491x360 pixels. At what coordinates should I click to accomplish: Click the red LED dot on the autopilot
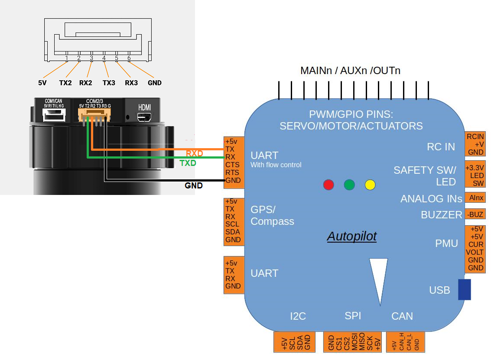[329, 185]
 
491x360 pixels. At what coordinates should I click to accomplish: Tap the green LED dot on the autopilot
[349, 185]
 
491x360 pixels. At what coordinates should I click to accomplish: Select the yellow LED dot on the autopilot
[370, 185]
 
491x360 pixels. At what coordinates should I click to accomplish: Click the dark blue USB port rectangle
[464, 289]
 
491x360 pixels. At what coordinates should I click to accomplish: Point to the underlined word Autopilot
[351, 237]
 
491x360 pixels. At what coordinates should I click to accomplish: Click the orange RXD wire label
[195, 153]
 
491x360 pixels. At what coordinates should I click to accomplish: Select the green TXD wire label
[188, 163]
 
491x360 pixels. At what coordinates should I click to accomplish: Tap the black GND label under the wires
[193, 185]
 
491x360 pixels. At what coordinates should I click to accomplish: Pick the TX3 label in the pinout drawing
[109, 82]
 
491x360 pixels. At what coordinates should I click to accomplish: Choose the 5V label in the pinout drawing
[42, 82]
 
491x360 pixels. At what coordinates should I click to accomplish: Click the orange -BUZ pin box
[475, 214]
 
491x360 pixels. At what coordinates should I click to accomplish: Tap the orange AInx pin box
[475, 198]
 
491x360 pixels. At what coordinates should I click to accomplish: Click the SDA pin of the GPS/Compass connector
[233, 232]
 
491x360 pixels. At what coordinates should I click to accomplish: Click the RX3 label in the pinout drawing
[131, 82]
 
